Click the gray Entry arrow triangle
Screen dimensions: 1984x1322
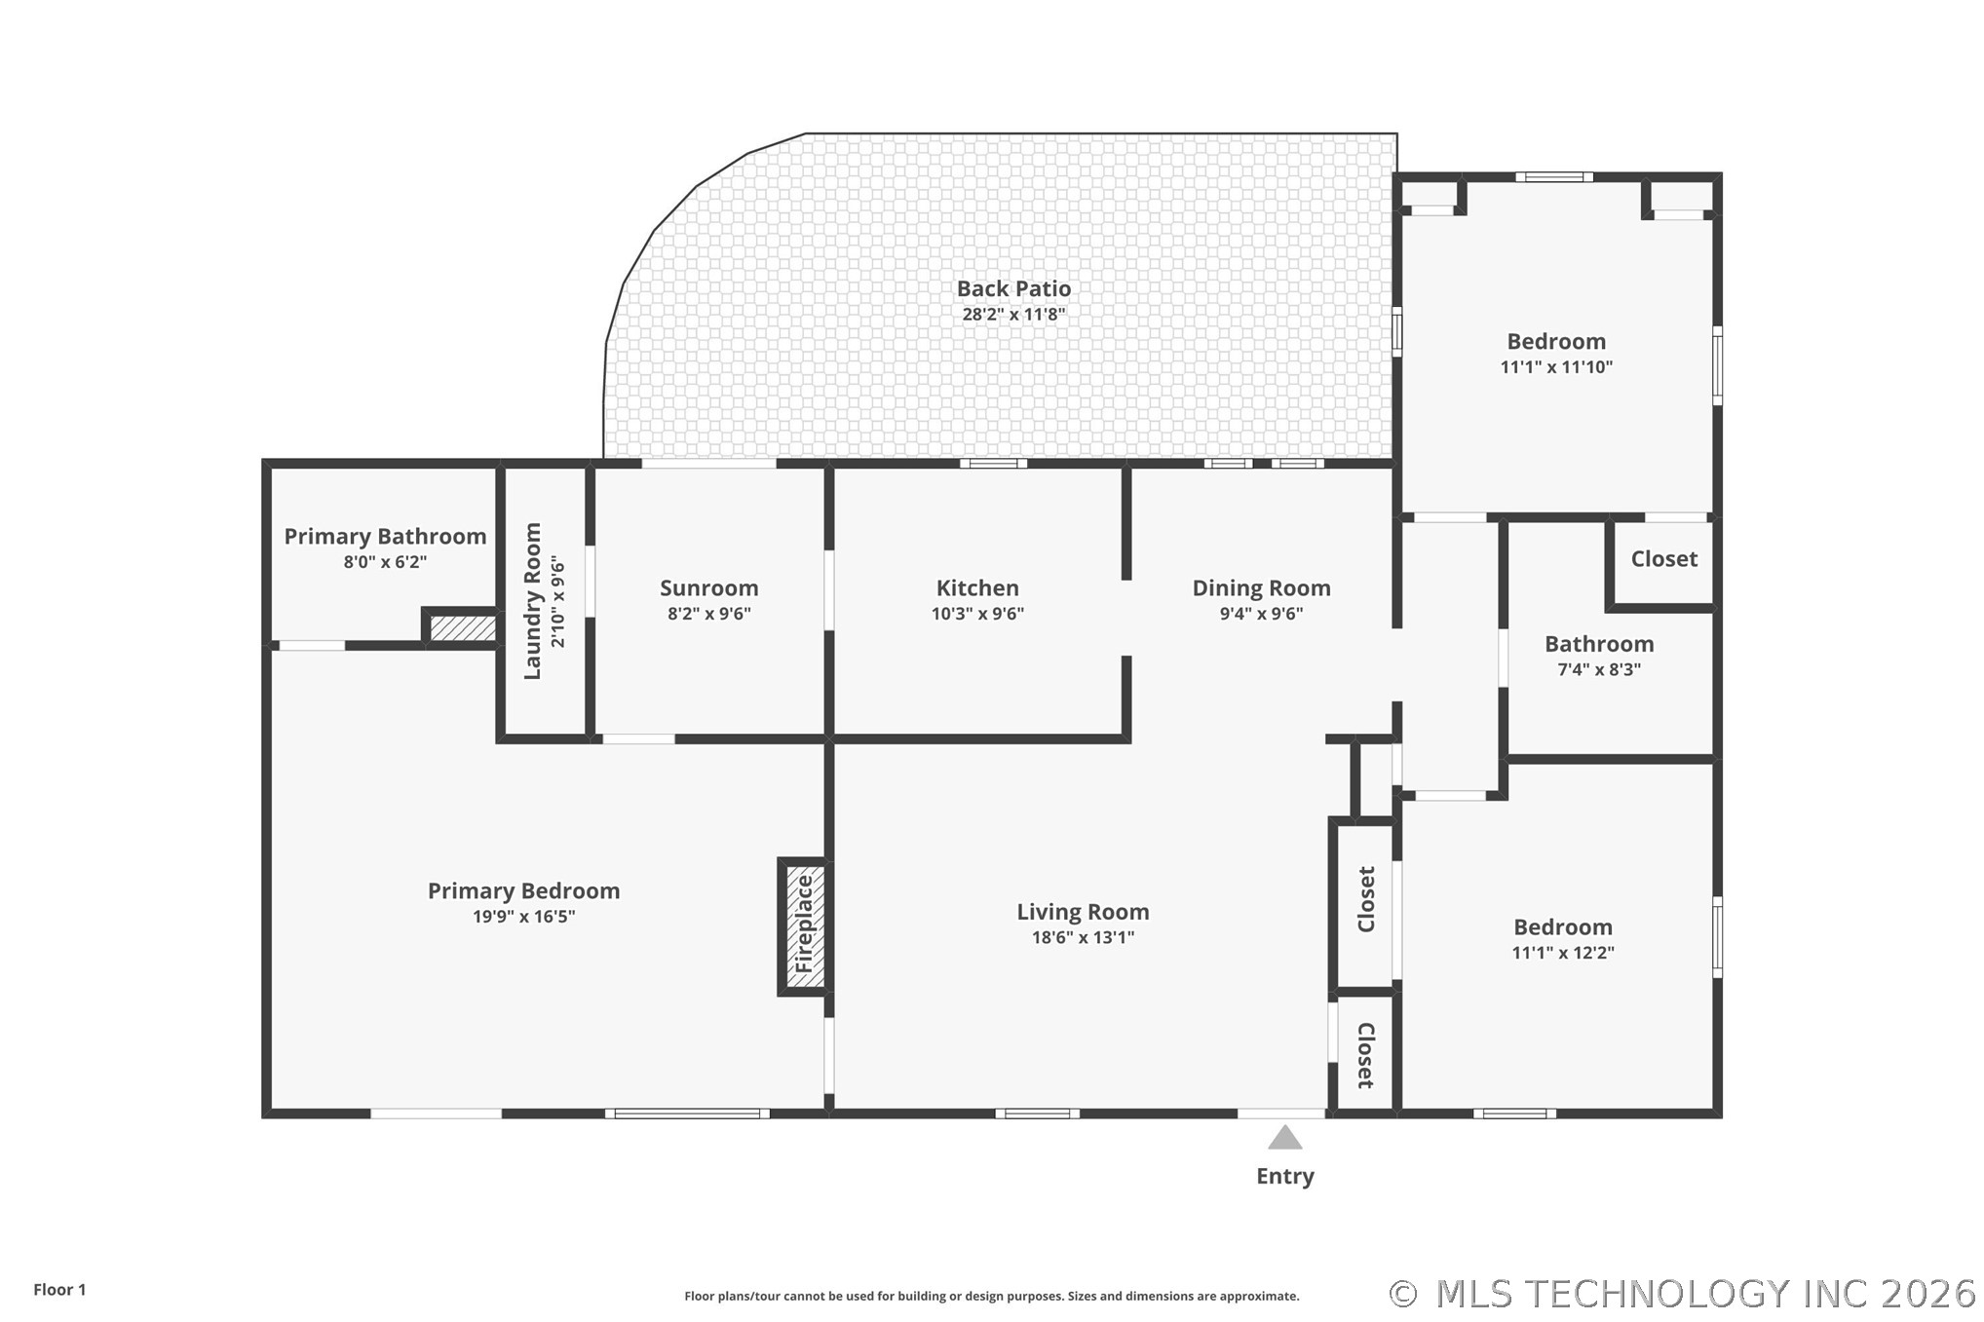[x=1284, y=1137]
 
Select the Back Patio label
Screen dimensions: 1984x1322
[x=1013, y=288]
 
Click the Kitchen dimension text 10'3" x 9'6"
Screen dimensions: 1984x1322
[x=977, y=614]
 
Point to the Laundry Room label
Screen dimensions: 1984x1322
[x=532, y=601]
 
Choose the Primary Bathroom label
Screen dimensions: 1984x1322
[x=385, y=536]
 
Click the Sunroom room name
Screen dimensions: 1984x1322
[x=708, y=587]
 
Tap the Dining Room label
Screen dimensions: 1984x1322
[x=1261, y=588]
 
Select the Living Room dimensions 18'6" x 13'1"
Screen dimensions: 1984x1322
[x=1083, y=937]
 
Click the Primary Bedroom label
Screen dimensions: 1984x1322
[x=523, y=890]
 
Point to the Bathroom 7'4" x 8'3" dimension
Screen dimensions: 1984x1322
[x=1599, y=669]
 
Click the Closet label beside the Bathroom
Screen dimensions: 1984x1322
[x=1663, y=559]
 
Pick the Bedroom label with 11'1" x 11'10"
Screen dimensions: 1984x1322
[x=1556, y=342]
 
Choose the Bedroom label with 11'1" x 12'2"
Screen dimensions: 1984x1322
[x=1562, y=927]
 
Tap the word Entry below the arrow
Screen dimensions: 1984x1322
[x=1284, y=1176]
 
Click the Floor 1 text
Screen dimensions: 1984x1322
[x=59, y=1290]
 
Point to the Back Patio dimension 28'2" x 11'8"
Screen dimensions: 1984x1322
[x=1013, y=314]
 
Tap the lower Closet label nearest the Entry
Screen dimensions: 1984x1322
[x=1365, y=1055]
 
